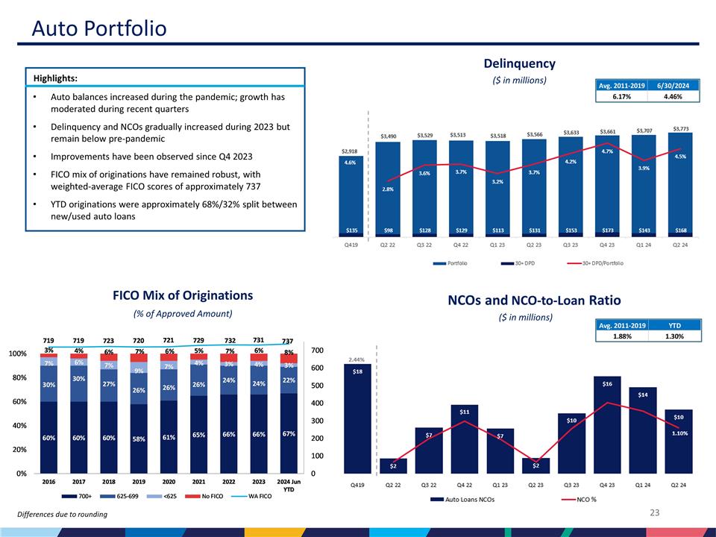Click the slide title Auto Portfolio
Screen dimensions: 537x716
tap(99, 29)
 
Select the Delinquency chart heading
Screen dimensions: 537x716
tap(519, 63)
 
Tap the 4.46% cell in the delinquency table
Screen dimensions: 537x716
tap(675, 95)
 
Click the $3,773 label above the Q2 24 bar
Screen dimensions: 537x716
tap(681, 127)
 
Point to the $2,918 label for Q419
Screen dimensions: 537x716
tap(350, 151)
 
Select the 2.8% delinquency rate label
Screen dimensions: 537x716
tap(387, 189)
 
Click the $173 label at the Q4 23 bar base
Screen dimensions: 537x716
tap(608, 230)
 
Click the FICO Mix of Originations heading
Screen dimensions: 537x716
tap(183, 295)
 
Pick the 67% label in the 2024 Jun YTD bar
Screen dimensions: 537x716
tap(289, 433)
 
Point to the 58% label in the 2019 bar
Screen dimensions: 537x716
tap(139, 439)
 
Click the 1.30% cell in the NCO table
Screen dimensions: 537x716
tap(675, 336)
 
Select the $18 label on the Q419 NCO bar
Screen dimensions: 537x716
tap(358, 371)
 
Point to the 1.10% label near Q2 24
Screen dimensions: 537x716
tap(679, 433)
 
